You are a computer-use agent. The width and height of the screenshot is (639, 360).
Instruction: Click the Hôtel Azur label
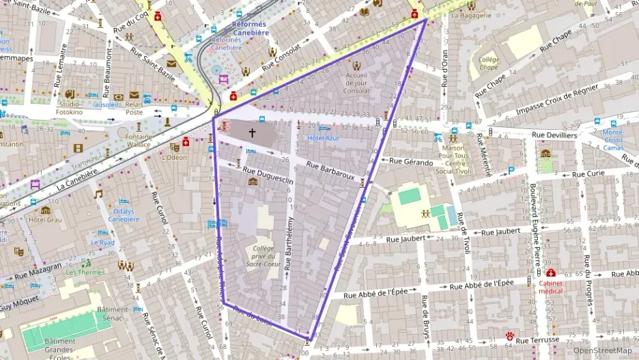tap(323, 138)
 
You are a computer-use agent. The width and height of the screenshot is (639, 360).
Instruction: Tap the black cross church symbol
tap(252, 133)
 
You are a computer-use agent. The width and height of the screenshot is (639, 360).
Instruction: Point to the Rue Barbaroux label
tap(330, 170)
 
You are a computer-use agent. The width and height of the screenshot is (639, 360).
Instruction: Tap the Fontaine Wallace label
tap(139, 139)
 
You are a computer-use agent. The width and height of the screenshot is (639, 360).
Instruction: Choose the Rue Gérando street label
tap(411, 162)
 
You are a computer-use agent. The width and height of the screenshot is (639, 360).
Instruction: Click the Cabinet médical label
tap(550, 286)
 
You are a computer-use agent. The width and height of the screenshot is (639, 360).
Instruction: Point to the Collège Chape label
tap(488, 64)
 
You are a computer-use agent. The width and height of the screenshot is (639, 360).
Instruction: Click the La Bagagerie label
tap(472, 15)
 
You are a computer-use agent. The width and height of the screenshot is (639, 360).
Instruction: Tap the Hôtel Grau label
tap(45, 220)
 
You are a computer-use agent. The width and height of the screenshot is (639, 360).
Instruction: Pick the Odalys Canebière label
tap(123, 215)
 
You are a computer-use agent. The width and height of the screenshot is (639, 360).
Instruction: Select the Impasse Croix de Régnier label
tap(553, 102)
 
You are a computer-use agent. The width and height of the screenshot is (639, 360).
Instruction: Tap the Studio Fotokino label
tap(68, 107)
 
